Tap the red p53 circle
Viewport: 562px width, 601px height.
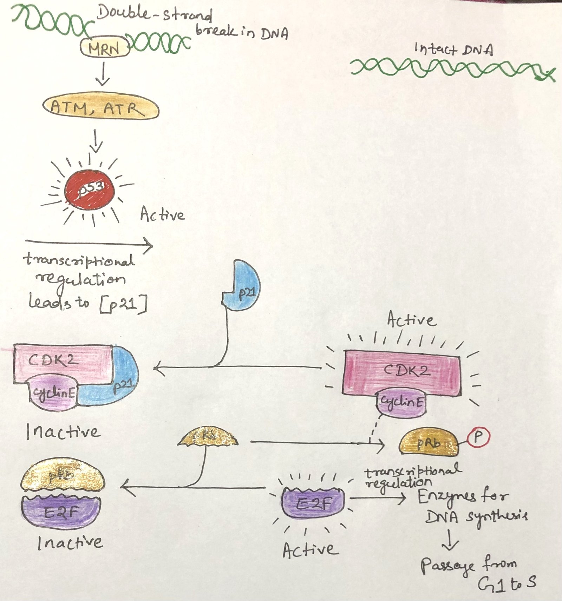coord(90,191)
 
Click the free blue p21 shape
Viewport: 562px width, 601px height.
coord(244,286)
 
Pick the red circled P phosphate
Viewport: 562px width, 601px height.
coord(478,437)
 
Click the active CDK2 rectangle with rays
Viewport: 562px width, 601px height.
coord(400,372)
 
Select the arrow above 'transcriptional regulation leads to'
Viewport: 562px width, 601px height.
coord(90,243)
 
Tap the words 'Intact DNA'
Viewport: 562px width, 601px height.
coord(453,49)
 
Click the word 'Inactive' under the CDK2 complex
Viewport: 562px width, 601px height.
coord(63,432)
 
